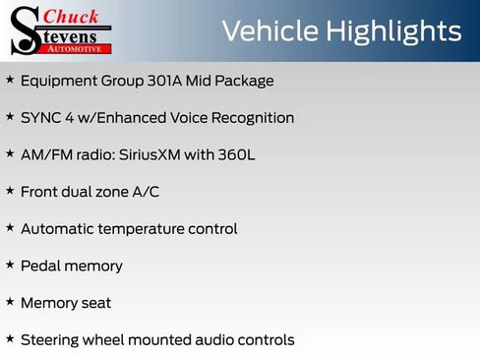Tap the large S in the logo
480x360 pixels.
[25, 32]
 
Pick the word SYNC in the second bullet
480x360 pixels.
[39, 118]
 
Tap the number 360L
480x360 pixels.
[235, 154]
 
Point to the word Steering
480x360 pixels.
[50, 340]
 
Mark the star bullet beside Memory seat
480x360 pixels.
[10, 302]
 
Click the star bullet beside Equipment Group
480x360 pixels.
[10, 80]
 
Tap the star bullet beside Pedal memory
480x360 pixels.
[10, 265]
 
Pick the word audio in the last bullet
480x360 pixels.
[205, 340]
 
